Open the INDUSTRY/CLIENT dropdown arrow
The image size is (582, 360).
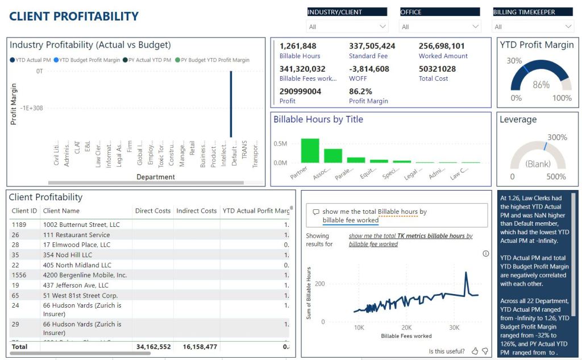tap(382, 27)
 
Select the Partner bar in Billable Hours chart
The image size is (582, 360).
tap(310, 151)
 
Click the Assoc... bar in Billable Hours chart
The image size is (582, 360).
tap(333, 156)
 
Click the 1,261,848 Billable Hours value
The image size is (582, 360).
tap(298, 46)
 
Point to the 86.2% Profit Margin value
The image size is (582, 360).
tap(361, 91)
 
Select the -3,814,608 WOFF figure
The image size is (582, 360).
tap(369, 69)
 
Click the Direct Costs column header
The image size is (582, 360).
tap(152, 211)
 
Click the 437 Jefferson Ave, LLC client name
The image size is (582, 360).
tap(76, 285)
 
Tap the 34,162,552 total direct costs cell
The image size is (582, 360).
tap(153, 346)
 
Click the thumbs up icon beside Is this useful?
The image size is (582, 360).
tap(475, 351)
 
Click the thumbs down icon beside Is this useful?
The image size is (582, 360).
tap(485, 351)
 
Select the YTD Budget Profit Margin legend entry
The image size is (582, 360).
tap(89, 60)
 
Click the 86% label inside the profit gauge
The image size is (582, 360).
tap(541, 85)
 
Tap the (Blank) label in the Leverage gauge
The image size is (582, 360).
tap(538, 164)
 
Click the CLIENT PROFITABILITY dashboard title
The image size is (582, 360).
tap(74, 16)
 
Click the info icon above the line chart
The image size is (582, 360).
tap(485, 254)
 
